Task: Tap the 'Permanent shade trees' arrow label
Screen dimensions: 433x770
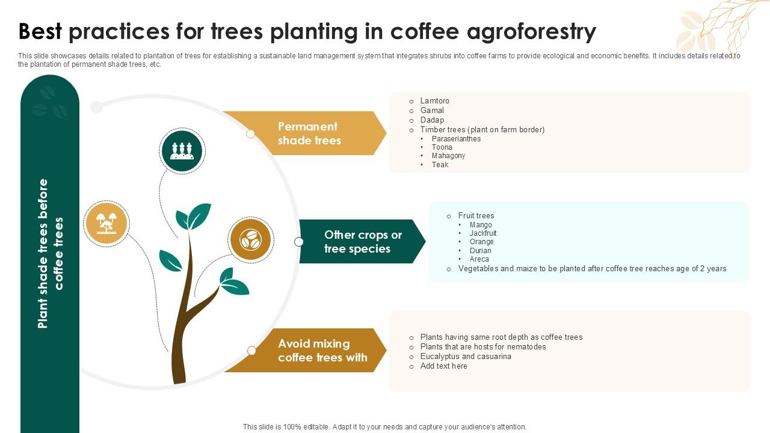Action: (309, 134)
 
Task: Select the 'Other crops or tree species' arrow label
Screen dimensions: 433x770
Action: (363, 242)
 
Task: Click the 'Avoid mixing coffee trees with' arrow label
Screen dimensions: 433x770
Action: (322, 351)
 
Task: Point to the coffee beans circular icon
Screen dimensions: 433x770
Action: (250, 240)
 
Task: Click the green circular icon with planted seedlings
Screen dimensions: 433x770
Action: (182, 151)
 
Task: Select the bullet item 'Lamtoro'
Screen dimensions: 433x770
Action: (434, 101)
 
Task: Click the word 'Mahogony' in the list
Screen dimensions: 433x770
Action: (448, 156)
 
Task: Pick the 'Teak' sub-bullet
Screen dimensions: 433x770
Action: (440, 165)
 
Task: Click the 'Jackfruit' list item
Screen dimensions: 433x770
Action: (483, 233)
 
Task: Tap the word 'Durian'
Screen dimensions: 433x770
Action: (481, 251)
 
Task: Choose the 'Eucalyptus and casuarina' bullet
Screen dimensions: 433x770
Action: (466, 357)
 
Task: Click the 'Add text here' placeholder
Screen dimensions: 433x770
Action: (443, 366)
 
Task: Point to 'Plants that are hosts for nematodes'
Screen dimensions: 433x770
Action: (483, 347)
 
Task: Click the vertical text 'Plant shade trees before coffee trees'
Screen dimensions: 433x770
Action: (51, 253)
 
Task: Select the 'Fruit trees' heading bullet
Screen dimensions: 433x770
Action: (476, 216)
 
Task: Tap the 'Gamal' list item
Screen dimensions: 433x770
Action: (432, 111)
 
